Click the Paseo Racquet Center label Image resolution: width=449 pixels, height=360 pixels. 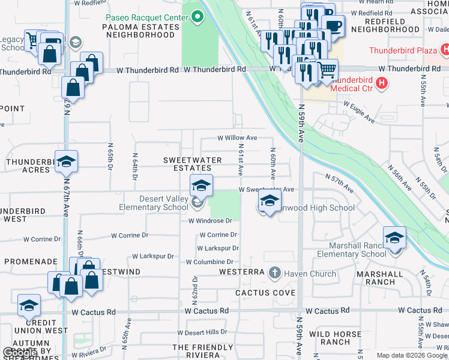(147, 18)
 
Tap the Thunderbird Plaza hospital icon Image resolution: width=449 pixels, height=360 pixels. (443, 50)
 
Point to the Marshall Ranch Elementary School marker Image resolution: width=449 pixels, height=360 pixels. (394, 238)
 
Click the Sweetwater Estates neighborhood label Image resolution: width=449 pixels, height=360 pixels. (189, 164)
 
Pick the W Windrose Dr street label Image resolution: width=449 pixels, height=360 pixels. (209, 221)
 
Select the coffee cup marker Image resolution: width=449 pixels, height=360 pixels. (333, 26)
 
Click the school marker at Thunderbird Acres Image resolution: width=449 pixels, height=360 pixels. (66, 161)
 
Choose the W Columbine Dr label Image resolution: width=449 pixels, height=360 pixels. (209, 262)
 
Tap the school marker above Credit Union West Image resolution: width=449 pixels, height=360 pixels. (29, 306)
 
